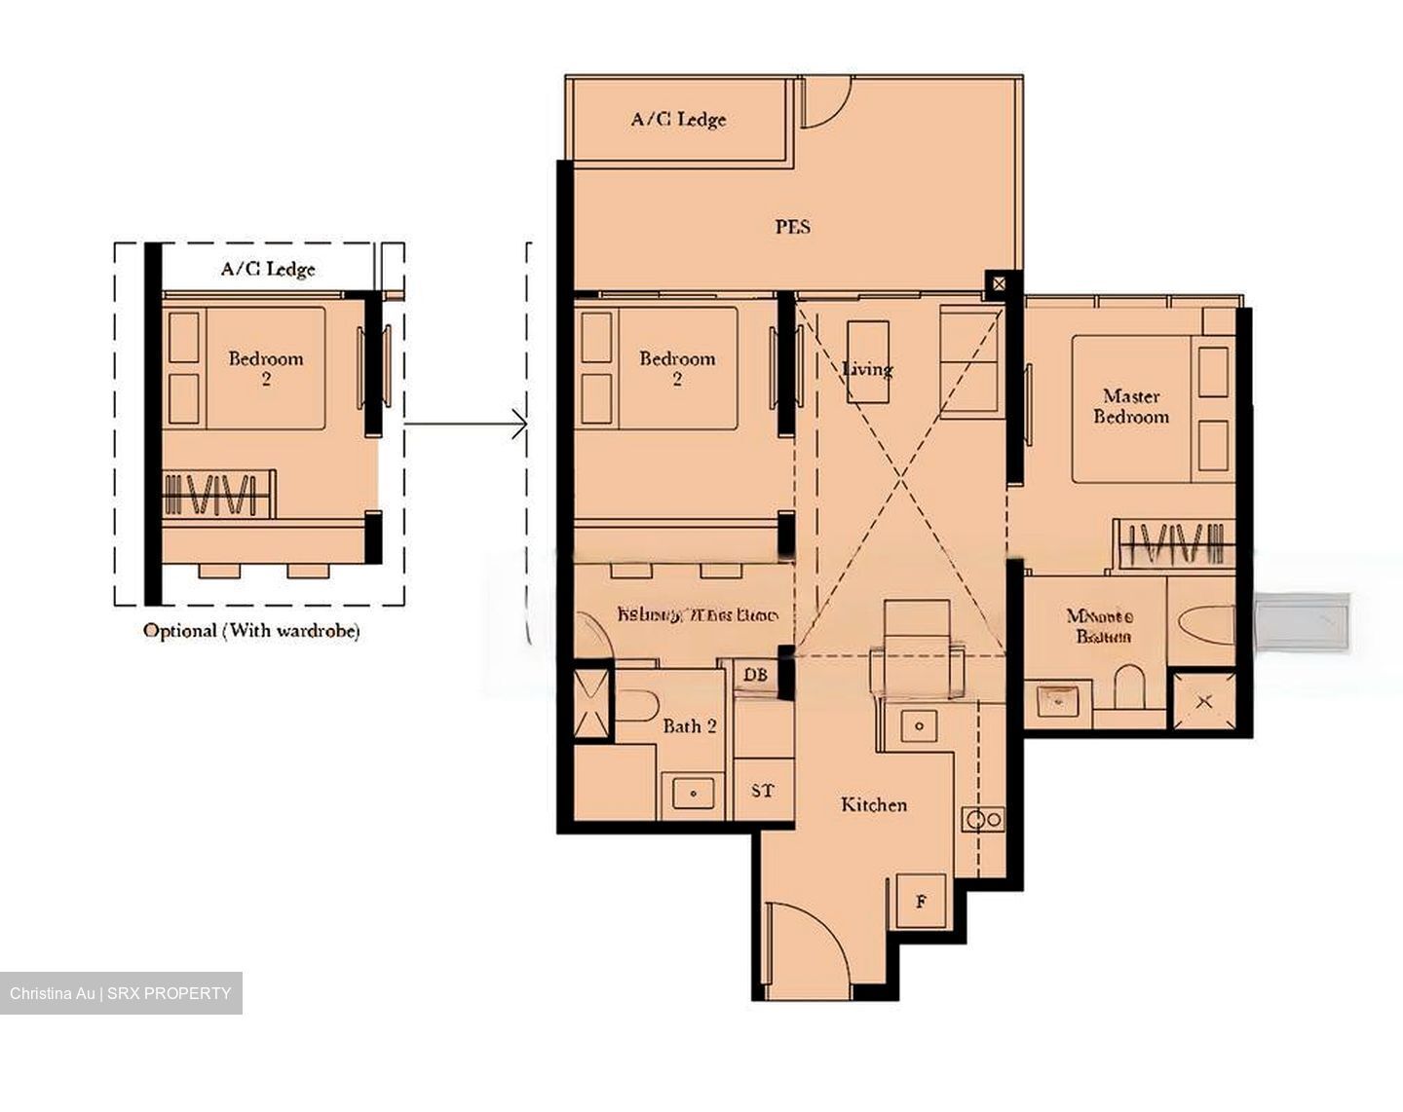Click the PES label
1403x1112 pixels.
click(x=792, y=227)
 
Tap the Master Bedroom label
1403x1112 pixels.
click(x=1130, y=406)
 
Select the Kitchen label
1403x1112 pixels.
click(x=874, y=804)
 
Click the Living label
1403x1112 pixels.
click(x=867, y=369)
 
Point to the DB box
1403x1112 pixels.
click(x=755, y=675)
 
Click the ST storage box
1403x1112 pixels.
click(x=763, y=791)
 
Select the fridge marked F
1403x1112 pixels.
click(x=921, y=902)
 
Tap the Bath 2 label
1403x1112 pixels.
click(x=690, y=725)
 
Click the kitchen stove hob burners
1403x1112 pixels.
click(x=982, y=820)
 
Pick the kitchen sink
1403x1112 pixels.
click(x=919, y=725)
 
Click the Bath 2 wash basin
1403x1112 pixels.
click(x=693, y=793)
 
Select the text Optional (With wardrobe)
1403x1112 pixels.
click(x=251, y=630)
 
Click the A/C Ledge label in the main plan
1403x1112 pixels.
click(x=678, y=120)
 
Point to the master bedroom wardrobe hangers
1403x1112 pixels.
click(x=1174, y=543)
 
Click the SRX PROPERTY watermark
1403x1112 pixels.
click(x=121, y=993)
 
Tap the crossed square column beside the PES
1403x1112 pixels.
click(x=1000, y=285)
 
